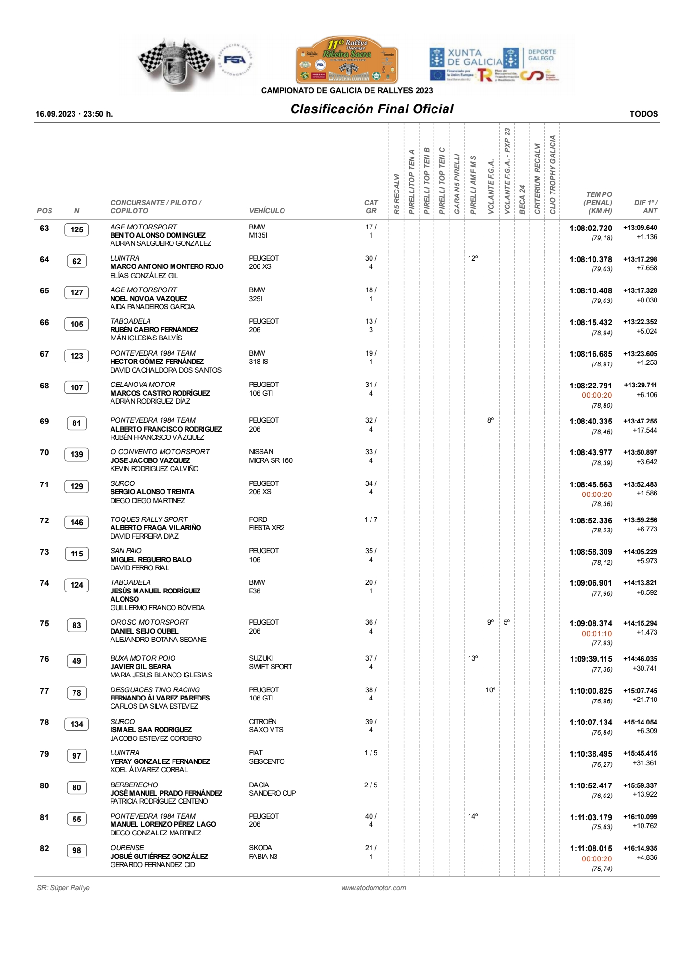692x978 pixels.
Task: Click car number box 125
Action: pyautogui.click(x=76, y=229)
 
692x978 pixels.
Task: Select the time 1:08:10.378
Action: pyautogui.click(x=591, y=259)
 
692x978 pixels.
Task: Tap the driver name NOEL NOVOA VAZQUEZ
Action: pyautogui.click(x=149, y=299)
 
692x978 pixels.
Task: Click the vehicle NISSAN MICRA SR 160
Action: pyautogui.click(x=271, y=456)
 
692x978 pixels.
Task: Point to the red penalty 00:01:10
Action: pyautogui.click(x=597, y=634)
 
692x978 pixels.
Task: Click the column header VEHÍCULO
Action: pyautogui.click(x=267, y=211)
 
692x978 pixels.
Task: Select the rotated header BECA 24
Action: pyautogui.click(x=522, y=199)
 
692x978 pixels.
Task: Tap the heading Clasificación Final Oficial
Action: pyautogui.click(x=371, y=109)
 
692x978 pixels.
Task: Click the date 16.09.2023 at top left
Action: pyautogui.click(x=56, y=114)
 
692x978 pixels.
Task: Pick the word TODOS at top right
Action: pyautogui.click(x=643, y=114)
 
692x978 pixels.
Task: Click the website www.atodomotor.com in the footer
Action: pyautogui.click(x=373, y=888)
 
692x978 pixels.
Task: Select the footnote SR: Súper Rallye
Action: pyautogui.click(x=63, y=888)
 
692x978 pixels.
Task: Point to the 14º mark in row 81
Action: pyautogui.click(x=473, y=816)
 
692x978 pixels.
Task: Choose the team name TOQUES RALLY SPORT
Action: pyautogui.click(x=149, y=519)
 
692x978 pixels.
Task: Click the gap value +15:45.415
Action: pyautogui.click(x=640, y=754)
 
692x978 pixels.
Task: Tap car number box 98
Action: pyautogui.click(x=76, y=850)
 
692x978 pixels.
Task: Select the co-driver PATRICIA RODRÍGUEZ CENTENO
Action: pyautogui.click(x=159, y=801)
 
